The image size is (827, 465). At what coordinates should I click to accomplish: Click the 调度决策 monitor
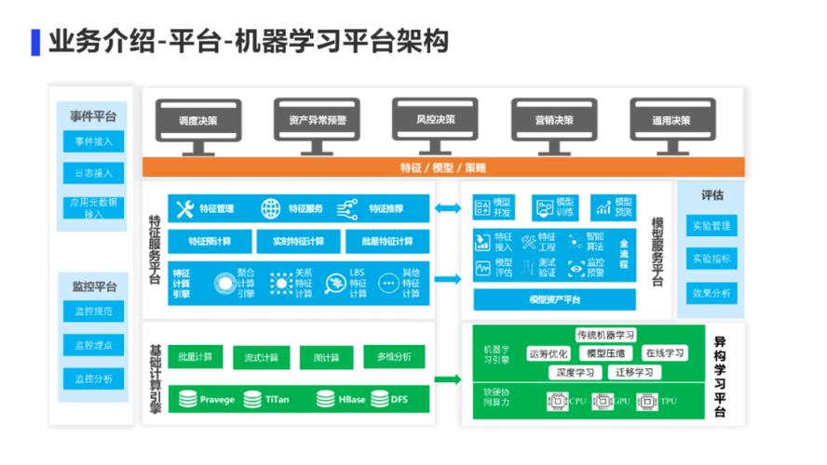(x=198, y=121)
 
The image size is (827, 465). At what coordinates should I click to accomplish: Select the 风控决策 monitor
(x=436, y=120)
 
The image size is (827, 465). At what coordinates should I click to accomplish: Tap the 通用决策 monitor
(x=671, y=121)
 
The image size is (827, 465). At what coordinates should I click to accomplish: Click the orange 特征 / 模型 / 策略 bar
(x=443, y=167)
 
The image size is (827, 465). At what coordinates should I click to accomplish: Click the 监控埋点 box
(x=93, y=345)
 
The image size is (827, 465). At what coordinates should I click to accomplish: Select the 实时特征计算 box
(x=298, y=242)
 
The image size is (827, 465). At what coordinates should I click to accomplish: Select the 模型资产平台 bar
(x=554, y=299)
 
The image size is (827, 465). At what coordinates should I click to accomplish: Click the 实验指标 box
(x=712, y=259)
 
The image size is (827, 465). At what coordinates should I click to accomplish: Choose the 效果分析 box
(x=712, y=292)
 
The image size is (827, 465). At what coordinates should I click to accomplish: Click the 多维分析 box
(x=394, y=356)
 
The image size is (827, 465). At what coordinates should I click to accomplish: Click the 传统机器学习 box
(x=605, y=335)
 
